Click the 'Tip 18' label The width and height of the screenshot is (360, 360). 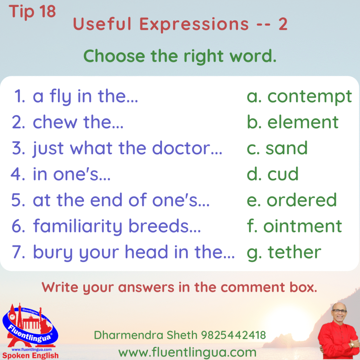(32, 12)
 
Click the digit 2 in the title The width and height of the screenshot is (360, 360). (283, 24)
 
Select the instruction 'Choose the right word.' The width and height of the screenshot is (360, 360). (180, 56)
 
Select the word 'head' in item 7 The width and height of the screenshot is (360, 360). (147, 252)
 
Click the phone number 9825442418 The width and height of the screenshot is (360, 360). (233, 335)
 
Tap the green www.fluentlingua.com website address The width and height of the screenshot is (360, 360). (187, 353)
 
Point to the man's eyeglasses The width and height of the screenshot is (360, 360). (339, 311)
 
